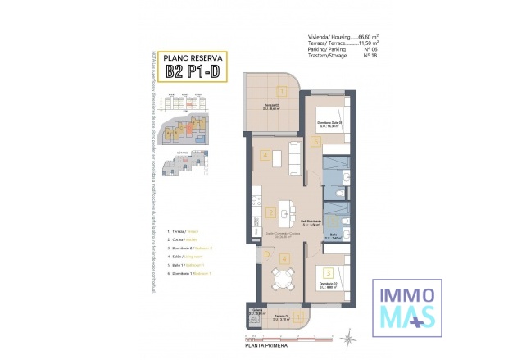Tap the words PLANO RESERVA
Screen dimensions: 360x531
pos(191,57)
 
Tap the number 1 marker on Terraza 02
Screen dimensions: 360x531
pos(281,92)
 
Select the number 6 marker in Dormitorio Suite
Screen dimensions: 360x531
pos(315,141)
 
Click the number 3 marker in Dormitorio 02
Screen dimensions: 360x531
pos(327,271)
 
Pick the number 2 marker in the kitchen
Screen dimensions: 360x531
pos(270,213)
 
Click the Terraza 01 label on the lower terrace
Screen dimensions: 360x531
pos(279,316)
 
